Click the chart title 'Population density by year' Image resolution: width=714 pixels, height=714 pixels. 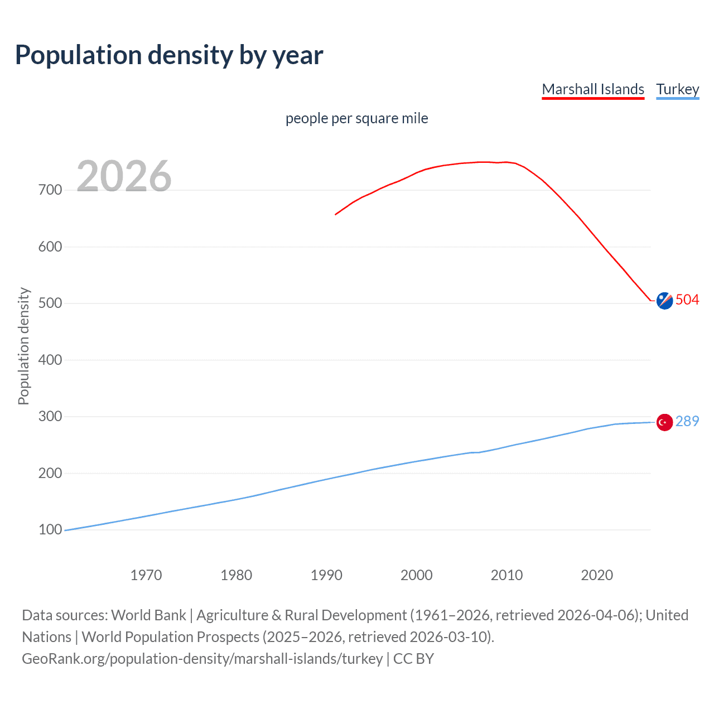click(x=169, y=55)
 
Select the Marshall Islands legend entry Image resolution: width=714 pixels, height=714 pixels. click(x=593, y=89)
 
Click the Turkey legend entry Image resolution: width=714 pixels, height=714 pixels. click(x=677, y=89)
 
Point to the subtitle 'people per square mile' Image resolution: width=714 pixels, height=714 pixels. click(x=356, y=118)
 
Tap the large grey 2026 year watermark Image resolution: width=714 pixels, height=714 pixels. click(x=124, y=176)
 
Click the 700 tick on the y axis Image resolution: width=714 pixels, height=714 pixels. click(x=50, y=190)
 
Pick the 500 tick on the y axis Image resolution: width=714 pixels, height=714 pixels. click(x=50, y=303)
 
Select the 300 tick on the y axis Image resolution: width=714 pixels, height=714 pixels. click(x=50, y=416)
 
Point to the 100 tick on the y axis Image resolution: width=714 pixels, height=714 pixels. click(x=50, y=529)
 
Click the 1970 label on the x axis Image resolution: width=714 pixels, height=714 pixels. click(x=146, y=575)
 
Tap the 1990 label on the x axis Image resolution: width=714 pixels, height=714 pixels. click(x=326, y=575)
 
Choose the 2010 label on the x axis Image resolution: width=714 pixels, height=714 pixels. click(x=506, y=575)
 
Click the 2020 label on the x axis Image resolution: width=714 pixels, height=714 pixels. click(x=597, y=575)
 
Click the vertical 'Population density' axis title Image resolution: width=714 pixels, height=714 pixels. click(x=23, y=346)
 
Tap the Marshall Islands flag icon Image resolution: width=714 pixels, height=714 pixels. click(x=664, y=300)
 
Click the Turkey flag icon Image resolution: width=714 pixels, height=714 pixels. click(x=664, y=422)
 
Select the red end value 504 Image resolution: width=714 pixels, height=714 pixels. click(x=687, y=300)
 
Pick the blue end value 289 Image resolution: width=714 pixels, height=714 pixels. click(x=687, y=421)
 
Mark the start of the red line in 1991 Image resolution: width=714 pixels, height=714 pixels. click(x=336, y=214)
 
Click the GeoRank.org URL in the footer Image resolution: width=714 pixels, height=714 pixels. click(x=202, y=659)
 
